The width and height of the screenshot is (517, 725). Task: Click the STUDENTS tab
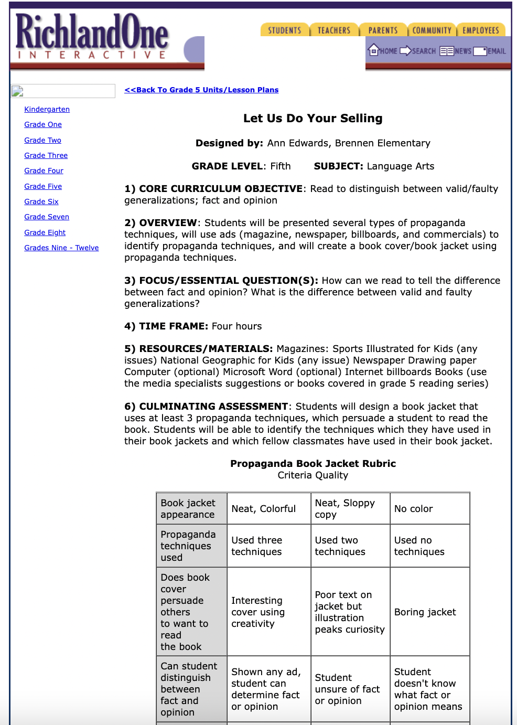[x=285, y=30]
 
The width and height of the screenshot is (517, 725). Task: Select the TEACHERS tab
[x=333, y=30]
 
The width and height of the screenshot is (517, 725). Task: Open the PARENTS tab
[x=383, y=30]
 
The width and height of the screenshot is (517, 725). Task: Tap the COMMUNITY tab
[x=432, y=30]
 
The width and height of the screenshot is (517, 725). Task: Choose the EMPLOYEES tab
[x=480, y=30]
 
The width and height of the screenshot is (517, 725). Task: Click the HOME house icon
[x=374, y=50]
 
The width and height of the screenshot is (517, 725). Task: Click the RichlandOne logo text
[x=92, y=33]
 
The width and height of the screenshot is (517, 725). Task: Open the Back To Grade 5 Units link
[x=201, y=90]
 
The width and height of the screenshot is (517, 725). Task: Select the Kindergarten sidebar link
[x=47, y=109]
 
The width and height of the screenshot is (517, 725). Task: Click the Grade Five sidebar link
[x=43, y=186]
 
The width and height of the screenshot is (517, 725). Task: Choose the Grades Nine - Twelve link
[x=61, y=248]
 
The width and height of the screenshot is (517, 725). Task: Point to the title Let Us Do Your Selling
[x=313, y=119]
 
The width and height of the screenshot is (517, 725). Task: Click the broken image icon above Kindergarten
[x=18, y=91]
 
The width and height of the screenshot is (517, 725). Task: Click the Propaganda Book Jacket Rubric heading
[x=313, y=464]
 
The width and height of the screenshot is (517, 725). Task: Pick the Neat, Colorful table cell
[x=263, y=509]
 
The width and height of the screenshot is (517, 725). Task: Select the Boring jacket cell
[x=425, y=612]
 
